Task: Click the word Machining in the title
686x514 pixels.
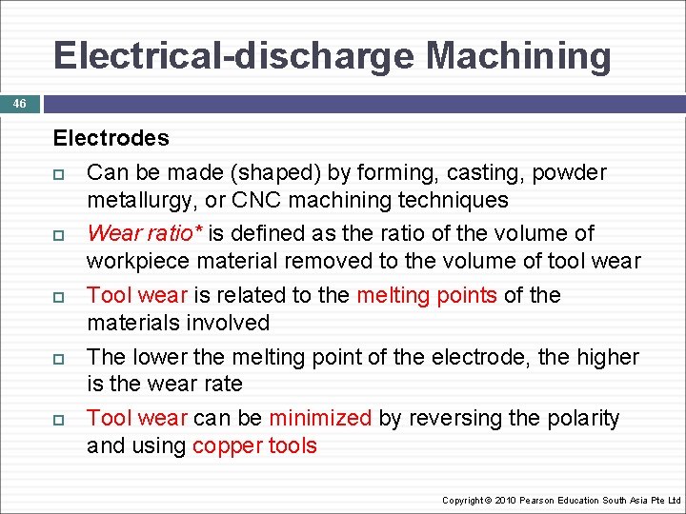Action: tap(518, 56)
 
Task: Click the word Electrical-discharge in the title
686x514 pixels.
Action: tap(234, 56)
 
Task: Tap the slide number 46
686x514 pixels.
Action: tap(20, 103)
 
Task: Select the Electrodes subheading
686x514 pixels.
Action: tap(111, 138)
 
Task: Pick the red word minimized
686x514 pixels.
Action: tap(320, 418)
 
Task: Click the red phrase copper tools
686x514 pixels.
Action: tap(254, 445)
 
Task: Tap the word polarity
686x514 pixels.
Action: tap(581, 418)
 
